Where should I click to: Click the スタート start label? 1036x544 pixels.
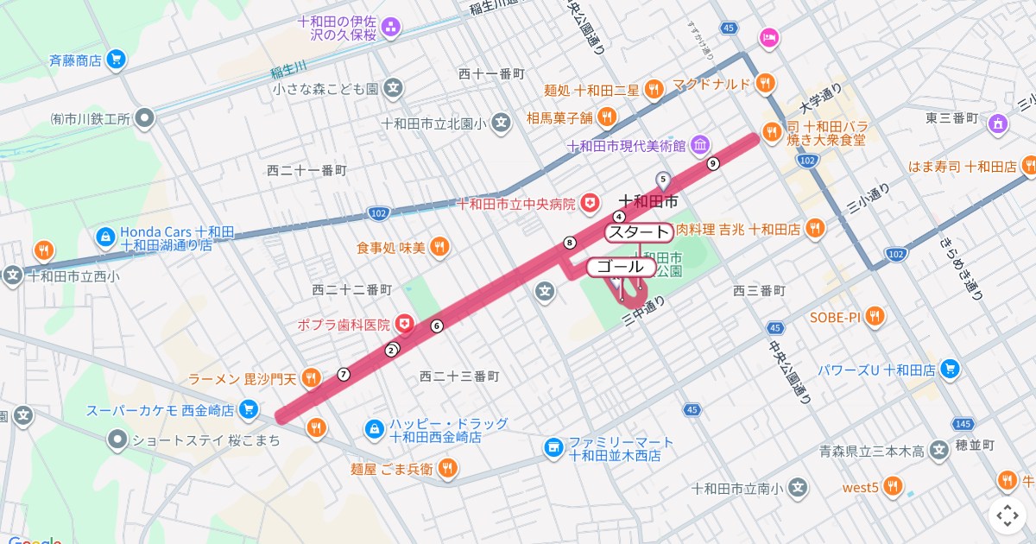coord(638,231)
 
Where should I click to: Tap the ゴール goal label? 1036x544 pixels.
coord(620,267)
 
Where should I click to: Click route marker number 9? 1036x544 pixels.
coord(712,163)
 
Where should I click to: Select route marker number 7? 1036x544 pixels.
coord(344,374)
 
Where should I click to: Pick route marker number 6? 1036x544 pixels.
coord(437,326)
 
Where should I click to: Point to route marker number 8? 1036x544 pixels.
coord(569,242)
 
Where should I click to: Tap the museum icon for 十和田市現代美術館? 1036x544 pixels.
coord(700,143)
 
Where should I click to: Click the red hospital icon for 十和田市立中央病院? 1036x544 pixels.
coord(591,203)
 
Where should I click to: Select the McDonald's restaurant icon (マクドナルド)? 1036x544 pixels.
coord(765,83)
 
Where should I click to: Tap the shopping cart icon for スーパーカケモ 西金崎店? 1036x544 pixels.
coord(249,408)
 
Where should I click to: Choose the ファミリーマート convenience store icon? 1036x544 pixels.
coord(553,447)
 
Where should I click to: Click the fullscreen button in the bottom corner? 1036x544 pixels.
coord(1008,516)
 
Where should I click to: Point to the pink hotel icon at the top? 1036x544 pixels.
coord(768,37)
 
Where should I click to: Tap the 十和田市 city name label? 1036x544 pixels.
coord(648,201)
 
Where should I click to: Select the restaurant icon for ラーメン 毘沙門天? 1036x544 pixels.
coord(313,378)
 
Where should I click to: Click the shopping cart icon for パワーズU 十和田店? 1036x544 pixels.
coord(951,369)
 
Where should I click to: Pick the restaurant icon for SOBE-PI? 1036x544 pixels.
coord(875,316)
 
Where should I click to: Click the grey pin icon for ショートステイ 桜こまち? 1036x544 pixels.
coord(117,440)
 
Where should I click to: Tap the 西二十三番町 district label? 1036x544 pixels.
coord(458,376)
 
